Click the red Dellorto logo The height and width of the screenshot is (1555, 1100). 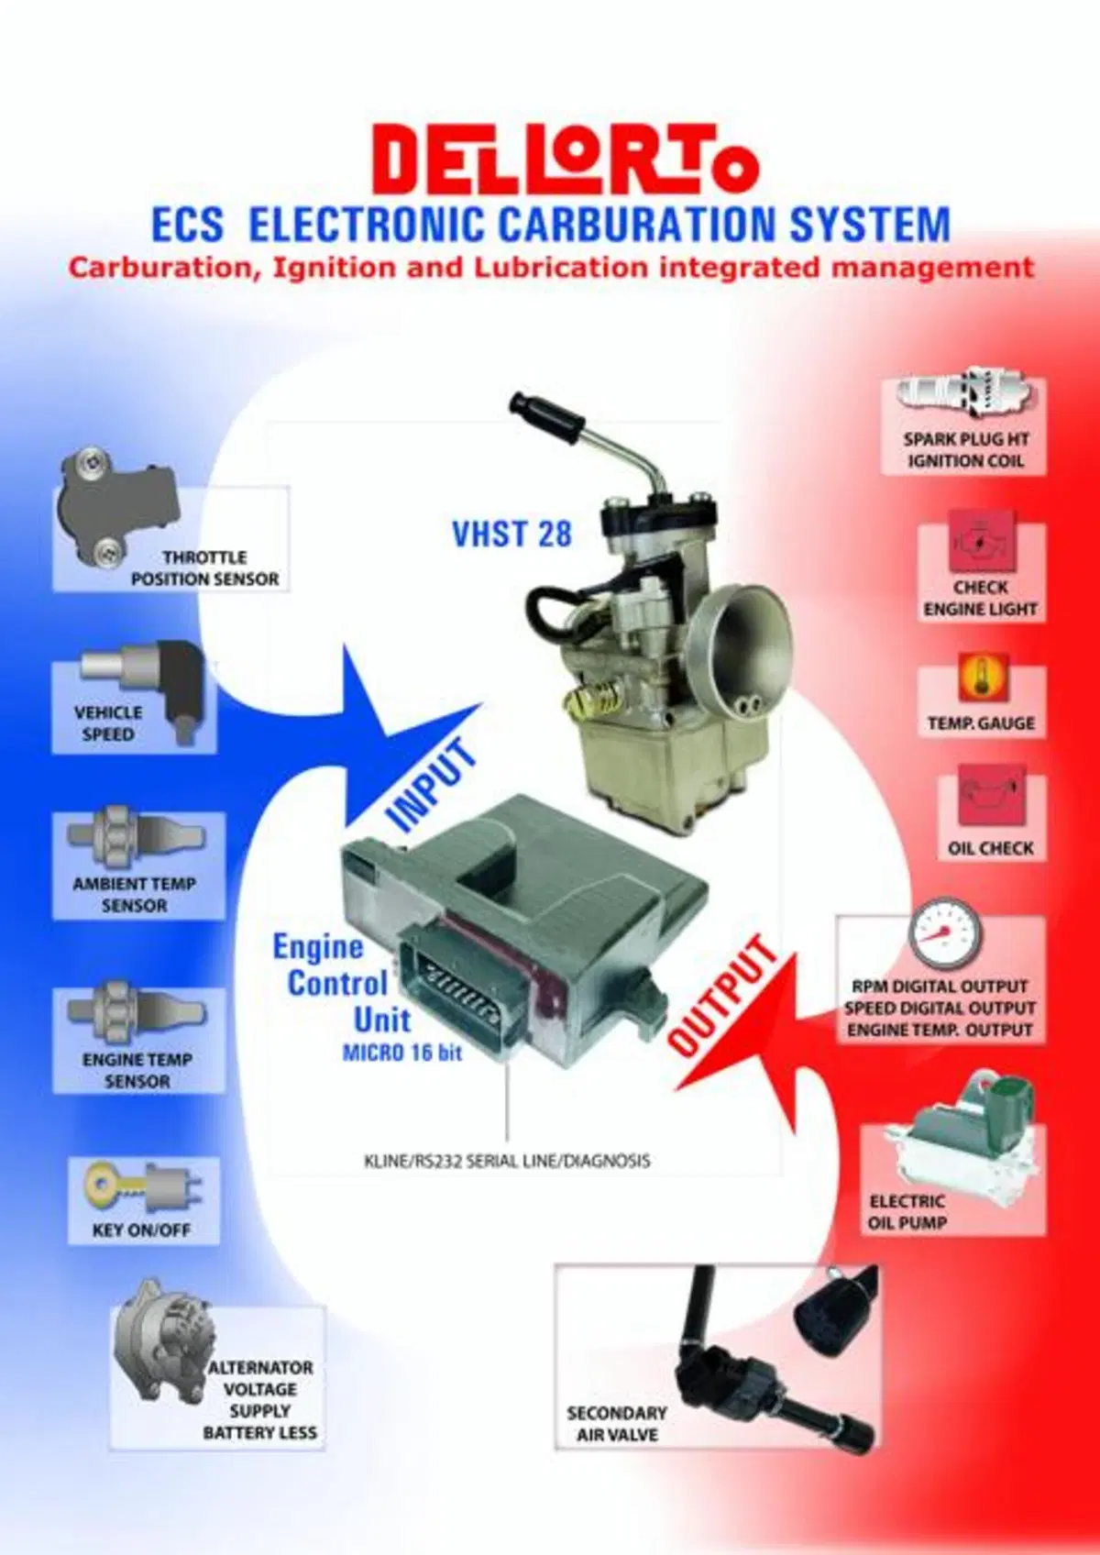point(565,161)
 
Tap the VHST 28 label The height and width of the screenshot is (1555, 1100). point(512,534)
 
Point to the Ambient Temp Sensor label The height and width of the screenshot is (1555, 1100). point(135,895)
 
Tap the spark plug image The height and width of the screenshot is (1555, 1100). point(963,394)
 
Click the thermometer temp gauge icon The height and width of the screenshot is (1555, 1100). point(982,678)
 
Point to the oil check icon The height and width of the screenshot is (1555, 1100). point(991,796)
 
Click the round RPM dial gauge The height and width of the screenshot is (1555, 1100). point(943,934)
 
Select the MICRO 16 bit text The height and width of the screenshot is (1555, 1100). point(402,1053)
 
